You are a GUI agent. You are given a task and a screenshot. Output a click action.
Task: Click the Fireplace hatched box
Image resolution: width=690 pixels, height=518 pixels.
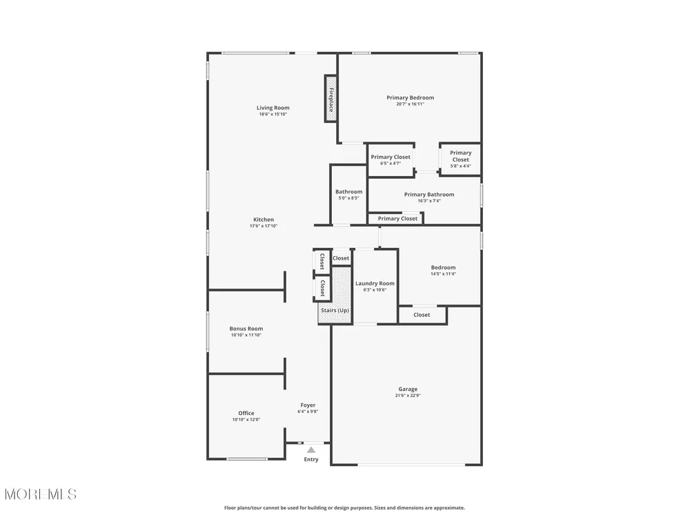331,99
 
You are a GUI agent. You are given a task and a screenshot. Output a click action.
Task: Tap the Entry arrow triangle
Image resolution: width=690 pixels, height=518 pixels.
311,450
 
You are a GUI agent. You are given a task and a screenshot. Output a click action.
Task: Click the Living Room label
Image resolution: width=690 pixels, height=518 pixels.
273,108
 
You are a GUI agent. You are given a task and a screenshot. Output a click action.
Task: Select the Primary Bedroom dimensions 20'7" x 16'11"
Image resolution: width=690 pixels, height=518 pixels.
410,104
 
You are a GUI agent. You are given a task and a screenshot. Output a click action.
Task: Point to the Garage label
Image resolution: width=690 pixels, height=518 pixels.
408,389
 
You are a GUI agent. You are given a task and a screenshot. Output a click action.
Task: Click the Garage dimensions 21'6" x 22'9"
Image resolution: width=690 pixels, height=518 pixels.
408,395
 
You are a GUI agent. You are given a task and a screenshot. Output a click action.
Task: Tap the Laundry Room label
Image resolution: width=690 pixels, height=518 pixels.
375,283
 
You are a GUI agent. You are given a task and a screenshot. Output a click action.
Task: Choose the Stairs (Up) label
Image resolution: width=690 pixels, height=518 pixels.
335,310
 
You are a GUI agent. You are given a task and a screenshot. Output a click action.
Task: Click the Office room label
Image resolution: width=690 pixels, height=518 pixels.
246,413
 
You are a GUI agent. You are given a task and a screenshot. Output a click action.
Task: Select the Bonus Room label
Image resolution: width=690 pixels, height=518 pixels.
246,328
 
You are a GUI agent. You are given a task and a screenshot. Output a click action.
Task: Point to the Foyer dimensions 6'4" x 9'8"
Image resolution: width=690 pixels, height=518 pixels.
308,412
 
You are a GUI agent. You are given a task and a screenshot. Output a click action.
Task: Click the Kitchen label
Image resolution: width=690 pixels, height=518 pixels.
264,220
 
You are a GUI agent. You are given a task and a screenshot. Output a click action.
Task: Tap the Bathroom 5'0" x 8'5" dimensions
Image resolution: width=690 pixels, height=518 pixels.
348,198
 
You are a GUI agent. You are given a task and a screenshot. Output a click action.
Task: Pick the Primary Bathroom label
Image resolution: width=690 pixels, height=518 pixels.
429,194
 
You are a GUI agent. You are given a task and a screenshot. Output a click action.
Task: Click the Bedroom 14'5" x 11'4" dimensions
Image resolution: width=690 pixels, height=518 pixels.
443,274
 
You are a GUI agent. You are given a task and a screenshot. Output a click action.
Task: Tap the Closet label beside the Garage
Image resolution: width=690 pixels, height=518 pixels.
422,314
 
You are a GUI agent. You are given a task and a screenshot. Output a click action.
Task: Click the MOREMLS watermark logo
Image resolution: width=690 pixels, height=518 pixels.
41,495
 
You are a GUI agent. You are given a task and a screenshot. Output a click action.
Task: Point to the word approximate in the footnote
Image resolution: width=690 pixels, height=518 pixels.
449,508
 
